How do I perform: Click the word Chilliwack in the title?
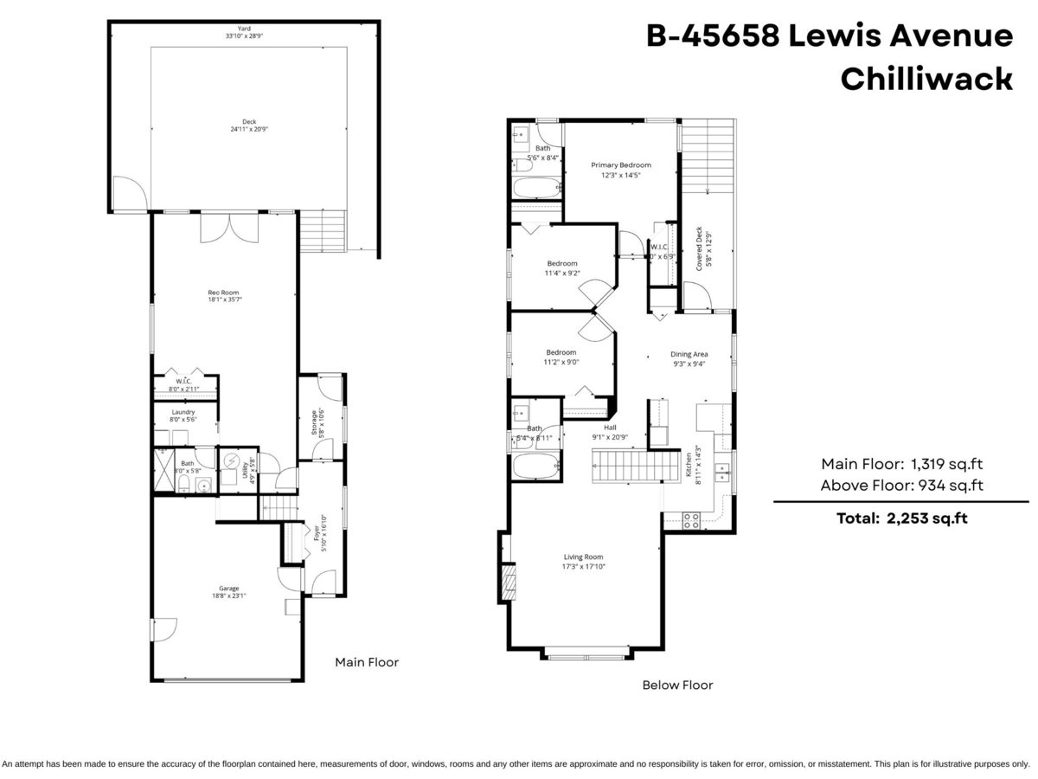point(926,79)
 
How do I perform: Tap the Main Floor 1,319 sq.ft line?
point(901,463)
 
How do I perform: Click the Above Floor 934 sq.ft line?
point(901,486)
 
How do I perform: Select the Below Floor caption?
point(677,685)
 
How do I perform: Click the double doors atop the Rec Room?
point(229,229)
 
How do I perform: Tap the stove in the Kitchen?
point(692,520)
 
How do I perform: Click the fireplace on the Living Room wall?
point(509,583)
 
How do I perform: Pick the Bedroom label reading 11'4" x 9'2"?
point(561,268)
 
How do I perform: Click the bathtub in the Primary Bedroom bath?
point(534,188)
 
